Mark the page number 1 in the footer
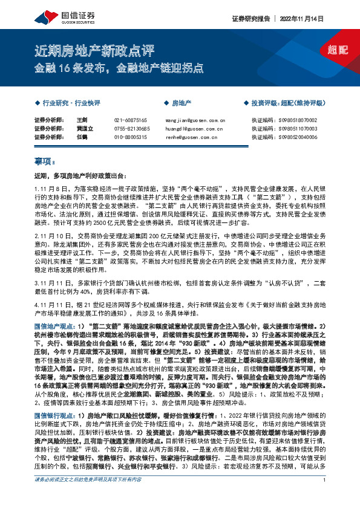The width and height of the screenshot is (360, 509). pos(325,497)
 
